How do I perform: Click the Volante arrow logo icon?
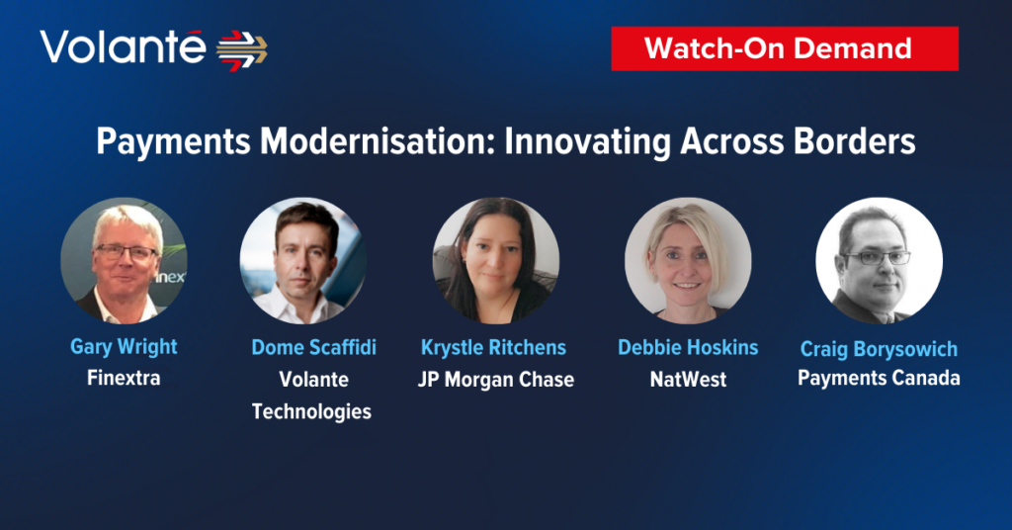241,50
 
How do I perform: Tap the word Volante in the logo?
123,47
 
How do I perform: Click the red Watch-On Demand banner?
784,48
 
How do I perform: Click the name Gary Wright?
124,347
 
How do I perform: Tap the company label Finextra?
124,378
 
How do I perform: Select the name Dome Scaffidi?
313,347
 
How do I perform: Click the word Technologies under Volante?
311,412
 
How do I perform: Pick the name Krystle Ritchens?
494,348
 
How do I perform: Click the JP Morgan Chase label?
496,380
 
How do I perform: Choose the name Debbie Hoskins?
688,347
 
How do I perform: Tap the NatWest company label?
688,380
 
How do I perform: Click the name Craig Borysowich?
879,349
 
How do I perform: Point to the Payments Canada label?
879,378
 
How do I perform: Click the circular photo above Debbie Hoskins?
688,261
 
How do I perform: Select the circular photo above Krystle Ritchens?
496,261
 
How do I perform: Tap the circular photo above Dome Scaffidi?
303,261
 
